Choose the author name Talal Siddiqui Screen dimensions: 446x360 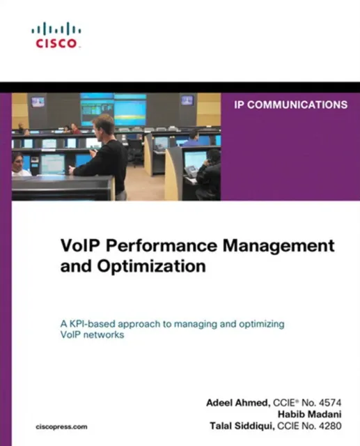[239, 426]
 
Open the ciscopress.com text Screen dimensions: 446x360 [61, 426]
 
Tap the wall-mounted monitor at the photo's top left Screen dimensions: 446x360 [38, 101]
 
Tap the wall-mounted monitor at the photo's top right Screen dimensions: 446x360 [187, 100]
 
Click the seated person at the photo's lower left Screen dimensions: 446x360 [19, 164]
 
